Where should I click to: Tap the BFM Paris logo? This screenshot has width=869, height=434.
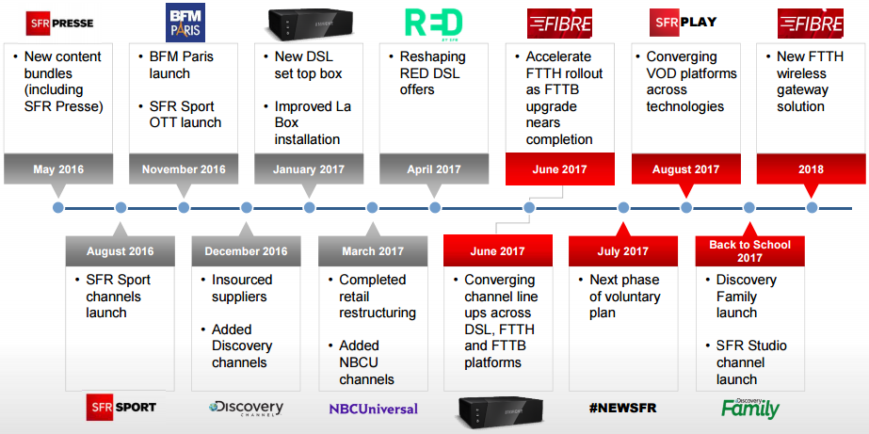[x=184, y=21]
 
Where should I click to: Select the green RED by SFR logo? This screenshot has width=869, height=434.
[x=433, y=22]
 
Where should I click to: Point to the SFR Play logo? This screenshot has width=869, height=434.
[x=684, y=21]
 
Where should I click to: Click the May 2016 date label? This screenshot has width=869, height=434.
[x=58, y=169]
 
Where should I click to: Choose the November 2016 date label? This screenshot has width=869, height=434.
[x=184, y=169]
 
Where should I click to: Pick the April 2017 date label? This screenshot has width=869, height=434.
[x=434, y=169]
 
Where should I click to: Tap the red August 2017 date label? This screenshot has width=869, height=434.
[x=685, y=169]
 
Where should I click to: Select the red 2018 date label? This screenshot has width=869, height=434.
[x=811, y=169]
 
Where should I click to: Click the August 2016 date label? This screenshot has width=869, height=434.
[x=120, y=251]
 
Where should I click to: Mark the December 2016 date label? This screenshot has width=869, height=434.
[x=246, y=251]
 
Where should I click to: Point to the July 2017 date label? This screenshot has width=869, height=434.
[x=622, y=251]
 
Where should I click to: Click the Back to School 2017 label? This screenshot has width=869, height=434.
[x=749, y=251]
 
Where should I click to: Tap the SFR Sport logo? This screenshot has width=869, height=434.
[x=121, y=408]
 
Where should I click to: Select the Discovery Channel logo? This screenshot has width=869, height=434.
[x=246, y=408]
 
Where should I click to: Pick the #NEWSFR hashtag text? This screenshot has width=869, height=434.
[x=622, y=409]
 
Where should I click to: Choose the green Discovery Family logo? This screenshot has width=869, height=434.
[x=750, y=407]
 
